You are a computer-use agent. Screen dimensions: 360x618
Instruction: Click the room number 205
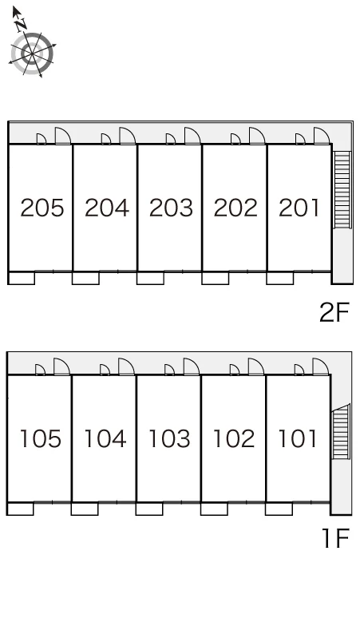[42, 208]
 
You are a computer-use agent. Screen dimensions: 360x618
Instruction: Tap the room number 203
[171, 208]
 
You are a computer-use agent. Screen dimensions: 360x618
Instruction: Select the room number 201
[299, 208]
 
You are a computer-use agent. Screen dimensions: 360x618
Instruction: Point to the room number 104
[105, 438]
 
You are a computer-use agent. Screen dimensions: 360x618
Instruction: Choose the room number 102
[234, 438]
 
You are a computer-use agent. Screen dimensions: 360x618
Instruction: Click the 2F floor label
[334, 312]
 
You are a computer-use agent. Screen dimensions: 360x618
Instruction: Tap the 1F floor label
[336, 539]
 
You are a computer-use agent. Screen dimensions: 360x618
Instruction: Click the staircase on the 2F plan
[342, 190]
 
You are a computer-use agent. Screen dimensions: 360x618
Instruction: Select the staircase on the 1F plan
[341, 432]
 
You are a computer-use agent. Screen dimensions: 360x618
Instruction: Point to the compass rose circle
[31, 53]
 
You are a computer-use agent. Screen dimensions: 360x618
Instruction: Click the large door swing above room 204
[127, 136]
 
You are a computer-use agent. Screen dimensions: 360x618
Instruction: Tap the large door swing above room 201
[322, 136]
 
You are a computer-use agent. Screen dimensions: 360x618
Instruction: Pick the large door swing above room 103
[191, 366]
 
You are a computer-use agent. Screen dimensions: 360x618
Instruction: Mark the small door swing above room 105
[40, 370]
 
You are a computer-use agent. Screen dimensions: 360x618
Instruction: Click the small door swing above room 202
[235, 139]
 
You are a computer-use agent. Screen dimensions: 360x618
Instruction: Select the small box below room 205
[22, 278]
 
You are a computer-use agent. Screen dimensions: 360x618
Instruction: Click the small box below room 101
[279, 509]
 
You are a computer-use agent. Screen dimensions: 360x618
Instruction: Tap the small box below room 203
[150, 278]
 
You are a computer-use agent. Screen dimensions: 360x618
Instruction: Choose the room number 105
[40, 438]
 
